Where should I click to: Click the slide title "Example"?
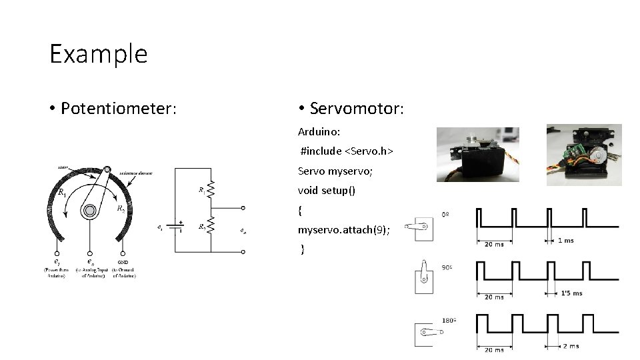click(98, 53)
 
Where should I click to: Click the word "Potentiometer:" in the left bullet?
click(119, 108)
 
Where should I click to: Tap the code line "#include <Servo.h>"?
click(347, 151)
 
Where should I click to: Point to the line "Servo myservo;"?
click(335, 171)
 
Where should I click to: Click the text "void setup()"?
click(326, 191)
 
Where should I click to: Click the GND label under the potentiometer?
click(123, 263)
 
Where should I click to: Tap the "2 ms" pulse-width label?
click(571, 346)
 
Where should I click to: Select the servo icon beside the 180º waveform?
click(424, 333)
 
